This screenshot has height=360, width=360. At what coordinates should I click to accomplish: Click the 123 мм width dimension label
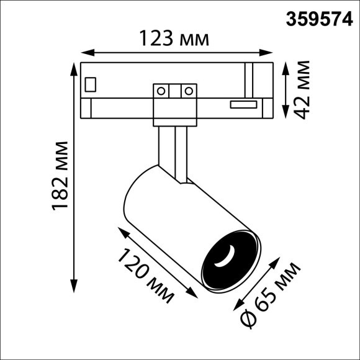point(174,38)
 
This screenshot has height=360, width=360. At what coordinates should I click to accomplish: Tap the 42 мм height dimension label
point(302,88)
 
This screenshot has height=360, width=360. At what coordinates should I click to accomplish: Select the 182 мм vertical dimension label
point(61,176)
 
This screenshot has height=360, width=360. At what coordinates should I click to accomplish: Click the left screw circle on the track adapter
point(161,91)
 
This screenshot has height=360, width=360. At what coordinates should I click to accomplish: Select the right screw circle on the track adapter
point(186,91)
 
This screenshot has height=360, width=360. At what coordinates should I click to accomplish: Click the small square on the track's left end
point(91,83)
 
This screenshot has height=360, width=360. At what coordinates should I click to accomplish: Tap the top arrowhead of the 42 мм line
point(284,65)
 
